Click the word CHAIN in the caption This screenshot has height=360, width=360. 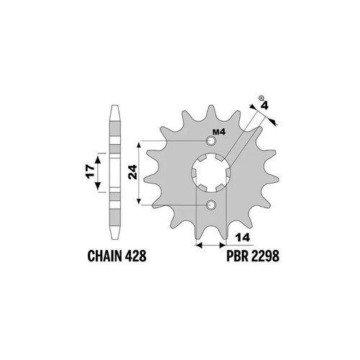coord(105,256)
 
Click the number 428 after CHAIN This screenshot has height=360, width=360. coord(135,256)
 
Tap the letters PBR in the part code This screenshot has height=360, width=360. coord(238,256)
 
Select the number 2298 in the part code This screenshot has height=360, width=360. coord(265,256)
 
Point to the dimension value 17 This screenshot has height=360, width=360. coord(90,171)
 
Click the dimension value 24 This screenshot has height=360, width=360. coord(132,172)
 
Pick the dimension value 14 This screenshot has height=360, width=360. coord(243,238)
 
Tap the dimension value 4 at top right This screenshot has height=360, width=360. coord(264,106)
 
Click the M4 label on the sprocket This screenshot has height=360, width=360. coord(219,132)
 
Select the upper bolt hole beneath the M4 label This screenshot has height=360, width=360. coord(211,141)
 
